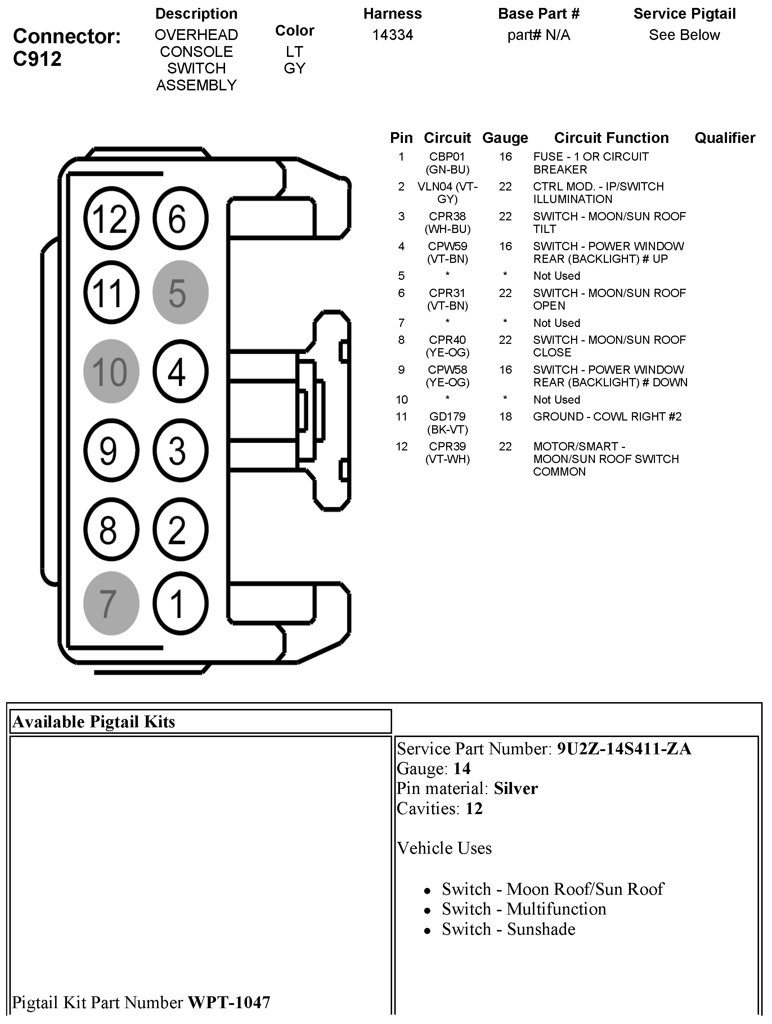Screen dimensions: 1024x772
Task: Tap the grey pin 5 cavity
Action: (180, 293)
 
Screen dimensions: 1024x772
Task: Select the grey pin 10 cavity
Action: (111, 371)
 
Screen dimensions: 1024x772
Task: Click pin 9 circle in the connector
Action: (111, 450)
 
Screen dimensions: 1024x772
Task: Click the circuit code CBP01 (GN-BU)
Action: (447, 163)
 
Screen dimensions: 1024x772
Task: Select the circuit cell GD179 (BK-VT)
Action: (447, 423)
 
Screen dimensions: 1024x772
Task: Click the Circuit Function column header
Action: (611, 138)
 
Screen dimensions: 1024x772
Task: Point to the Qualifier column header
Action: (724, 138)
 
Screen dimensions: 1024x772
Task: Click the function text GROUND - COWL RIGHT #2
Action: (607, 417)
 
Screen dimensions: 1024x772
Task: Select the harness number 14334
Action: (392, 35)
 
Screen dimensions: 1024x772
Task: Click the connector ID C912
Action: (37, 59)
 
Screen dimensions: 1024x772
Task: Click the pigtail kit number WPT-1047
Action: (229, 1002)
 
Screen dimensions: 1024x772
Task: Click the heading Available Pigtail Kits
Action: (94, 722)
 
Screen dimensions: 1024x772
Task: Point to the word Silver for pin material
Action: (516, 789)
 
